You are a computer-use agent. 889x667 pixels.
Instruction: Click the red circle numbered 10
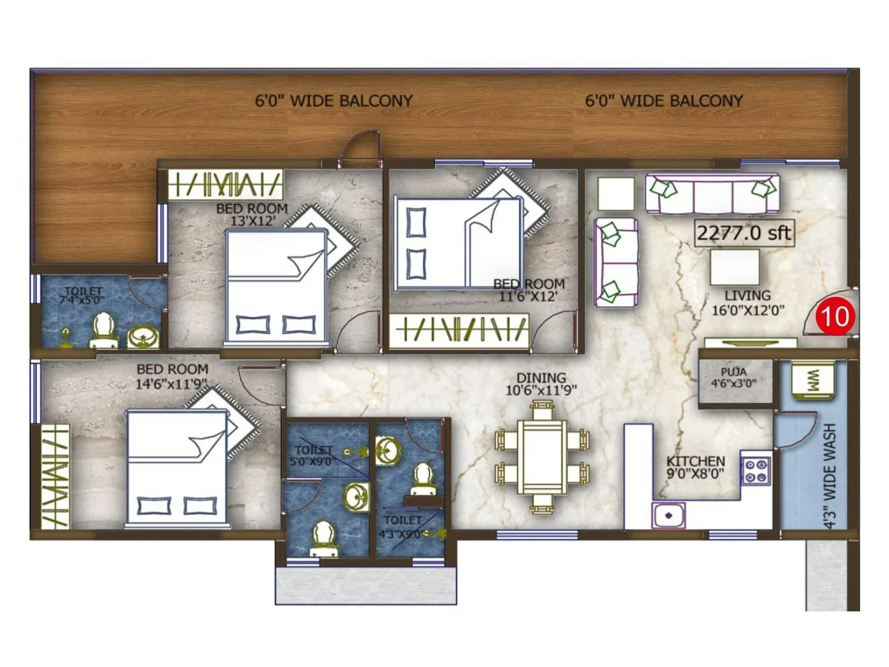(835, 316)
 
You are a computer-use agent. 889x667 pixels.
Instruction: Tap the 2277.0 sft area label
(744, 232)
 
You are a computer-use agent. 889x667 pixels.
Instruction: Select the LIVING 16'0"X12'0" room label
(748, 303)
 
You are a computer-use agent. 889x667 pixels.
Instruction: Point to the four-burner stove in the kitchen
(756, 470)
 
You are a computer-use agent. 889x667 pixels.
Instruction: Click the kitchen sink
(668, 515)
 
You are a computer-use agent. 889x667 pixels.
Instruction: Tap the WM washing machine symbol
(812, 380)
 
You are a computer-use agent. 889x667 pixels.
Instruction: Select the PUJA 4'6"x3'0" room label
(733, 377)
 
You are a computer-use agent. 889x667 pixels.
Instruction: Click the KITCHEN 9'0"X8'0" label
(696, 467)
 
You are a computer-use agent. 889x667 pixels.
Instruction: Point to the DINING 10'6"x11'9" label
(541, 384)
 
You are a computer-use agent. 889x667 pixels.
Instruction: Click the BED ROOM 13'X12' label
(252, 214)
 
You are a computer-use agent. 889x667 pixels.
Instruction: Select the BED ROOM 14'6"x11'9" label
(172, 376)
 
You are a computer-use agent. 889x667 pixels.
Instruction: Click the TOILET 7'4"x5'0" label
(83, 295)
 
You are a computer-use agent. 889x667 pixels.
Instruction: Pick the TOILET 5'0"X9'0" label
(313, 455)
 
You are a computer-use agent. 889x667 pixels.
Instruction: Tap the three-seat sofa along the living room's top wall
(712, 194)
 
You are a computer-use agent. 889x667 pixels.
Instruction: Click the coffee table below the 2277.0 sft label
(735, 267)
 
